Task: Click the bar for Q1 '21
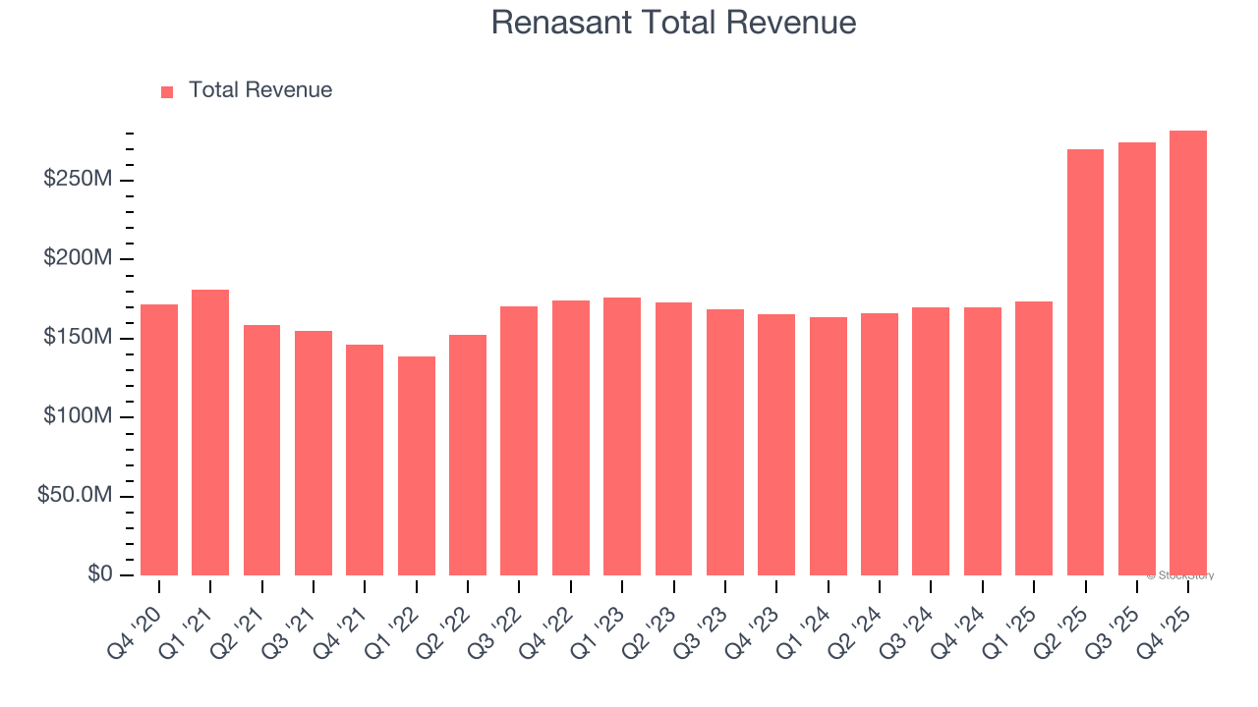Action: (x=210, y=432)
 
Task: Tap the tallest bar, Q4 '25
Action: (x=1188, y=353)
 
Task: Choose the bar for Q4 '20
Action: (x=159, y=440)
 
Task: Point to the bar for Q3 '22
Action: (x=519, y=441)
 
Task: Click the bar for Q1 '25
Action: (x=1034, y=438)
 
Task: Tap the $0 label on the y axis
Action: (x=99, y=574)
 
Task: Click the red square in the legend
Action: (x=167, y=91)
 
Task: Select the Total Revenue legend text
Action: (x=260, y=90)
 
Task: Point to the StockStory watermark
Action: (x=1180, y=575)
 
